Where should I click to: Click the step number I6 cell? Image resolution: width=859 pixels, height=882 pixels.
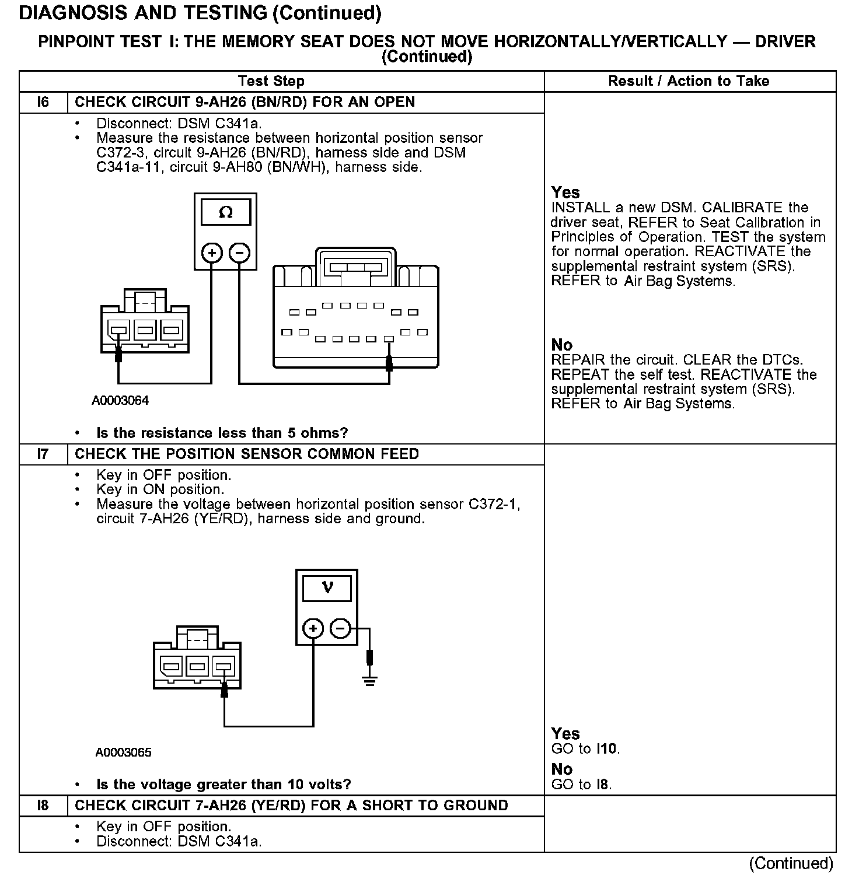click(x=43, y=102)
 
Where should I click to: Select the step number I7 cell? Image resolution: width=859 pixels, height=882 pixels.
click(x=43, y=454)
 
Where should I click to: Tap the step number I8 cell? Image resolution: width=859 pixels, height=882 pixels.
click(x=43, y=806)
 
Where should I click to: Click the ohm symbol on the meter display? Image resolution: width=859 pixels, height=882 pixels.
click(x=226, y=213)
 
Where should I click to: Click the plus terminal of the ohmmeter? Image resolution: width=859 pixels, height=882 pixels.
click(x=211, y=253)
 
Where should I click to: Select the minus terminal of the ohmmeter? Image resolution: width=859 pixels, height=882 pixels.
click(x=239, y=253)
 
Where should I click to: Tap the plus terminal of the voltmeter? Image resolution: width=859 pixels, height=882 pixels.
click(x=313, y=628)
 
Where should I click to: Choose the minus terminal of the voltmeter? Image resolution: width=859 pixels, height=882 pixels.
click(x=341, y=628)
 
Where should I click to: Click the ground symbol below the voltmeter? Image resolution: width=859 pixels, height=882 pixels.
click(x=369, y=680)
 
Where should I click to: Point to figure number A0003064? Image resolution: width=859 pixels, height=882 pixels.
click(x=120, y=401)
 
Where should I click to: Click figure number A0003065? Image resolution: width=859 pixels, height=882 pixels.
click(x=123, y=752)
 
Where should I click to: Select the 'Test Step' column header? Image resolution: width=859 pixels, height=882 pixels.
click(x=271, y=81)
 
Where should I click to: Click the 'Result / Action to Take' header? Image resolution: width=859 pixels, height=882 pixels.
click(x=689, y=81)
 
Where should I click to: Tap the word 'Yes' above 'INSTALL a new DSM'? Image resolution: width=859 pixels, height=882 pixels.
click(x=565, y=192)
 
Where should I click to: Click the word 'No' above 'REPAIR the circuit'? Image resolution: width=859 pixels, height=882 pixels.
click(x=562, y=345)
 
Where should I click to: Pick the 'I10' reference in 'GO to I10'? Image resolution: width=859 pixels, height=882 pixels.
click(x=607, y=748)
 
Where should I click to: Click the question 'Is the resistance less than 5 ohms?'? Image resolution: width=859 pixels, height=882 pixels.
click(x=222, y=433)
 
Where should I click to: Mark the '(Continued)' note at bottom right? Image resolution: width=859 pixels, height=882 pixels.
click(x=791, y=863)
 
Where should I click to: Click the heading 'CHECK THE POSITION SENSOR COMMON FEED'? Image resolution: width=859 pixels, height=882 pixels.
click(x=247, y=454)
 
